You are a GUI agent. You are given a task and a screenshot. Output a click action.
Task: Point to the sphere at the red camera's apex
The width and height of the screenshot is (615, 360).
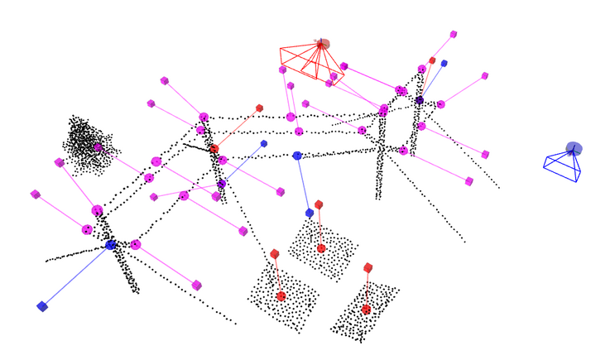pyautogui.click(x=323, y=44)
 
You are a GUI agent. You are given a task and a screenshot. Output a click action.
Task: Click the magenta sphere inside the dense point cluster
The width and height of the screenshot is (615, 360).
pyautogui.click(x=98, y=147)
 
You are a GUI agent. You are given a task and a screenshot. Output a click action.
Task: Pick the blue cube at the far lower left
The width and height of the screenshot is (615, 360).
pyautogui.click(x=42, y=306)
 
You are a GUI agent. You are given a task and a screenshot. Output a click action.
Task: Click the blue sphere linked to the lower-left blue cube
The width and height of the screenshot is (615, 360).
pyautogui.click(x=111, y=245)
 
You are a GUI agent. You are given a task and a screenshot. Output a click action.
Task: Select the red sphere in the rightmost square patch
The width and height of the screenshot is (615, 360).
pyautogui.click(x=366, y=310)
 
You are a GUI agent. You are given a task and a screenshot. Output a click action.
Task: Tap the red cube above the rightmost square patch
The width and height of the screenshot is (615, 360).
pyautogui.click(x=368, y=268)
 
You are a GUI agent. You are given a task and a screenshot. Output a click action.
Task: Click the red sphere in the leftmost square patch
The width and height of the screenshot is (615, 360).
pyautogui.click(x=281, y=296)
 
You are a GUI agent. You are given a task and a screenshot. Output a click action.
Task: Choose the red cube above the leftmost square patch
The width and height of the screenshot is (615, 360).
pyautogui.click(x=275, y=254)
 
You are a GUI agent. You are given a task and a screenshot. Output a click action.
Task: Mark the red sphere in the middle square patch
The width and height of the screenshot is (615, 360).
pyautogui.click(x=321, y=248)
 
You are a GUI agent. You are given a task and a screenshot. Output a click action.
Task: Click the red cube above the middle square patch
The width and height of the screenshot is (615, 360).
pyautogui.click(x=319, y=204)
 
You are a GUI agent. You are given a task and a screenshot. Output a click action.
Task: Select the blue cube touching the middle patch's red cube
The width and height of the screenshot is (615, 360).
pyautogui.click(x=310, y=213)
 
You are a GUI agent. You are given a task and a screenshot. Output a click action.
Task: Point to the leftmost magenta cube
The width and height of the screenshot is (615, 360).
pyautogui.click(x=36, y=194)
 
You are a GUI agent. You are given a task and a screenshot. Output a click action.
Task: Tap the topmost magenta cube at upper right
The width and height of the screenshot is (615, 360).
pyautogui.click(x=454, y=35)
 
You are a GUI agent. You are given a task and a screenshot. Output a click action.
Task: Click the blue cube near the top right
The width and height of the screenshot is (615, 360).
pyautogui.click(x=444, y=63)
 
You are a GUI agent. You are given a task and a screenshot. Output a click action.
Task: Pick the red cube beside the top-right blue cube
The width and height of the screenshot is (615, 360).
pyautogui.click(x=432, y=60)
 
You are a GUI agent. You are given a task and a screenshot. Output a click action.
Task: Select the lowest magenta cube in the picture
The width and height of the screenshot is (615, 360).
pyautogui.click(x=197, y=286)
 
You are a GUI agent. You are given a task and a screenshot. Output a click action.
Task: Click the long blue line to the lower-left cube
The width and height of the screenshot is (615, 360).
pyautogui.click(x=76, y=276)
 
